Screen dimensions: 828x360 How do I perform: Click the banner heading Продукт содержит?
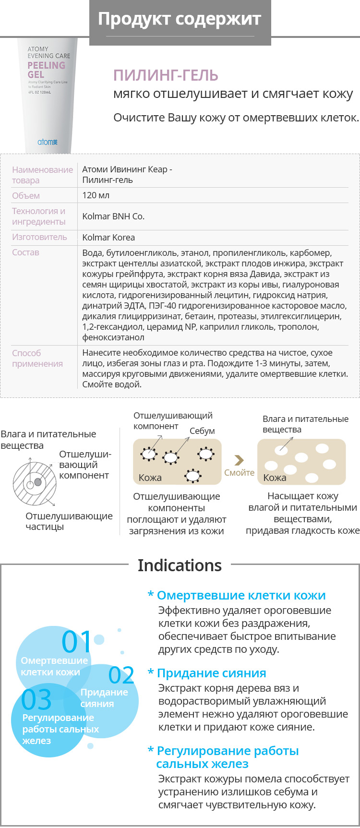(180, 19)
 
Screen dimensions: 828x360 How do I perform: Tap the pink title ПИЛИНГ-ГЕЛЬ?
(166, 75)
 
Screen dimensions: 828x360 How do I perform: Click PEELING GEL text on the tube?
(46, 70)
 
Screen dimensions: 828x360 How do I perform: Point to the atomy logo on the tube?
(48, 142)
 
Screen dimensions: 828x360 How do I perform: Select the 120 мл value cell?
(96, 195)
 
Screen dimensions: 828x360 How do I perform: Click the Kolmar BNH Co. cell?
(113, 216)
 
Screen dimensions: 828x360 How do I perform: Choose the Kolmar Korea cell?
(108, 238)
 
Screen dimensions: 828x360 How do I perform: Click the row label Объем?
(26, 196)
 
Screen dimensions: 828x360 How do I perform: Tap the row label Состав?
(25, 252)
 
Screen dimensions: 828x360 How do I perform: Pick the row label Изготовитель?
(39, 237)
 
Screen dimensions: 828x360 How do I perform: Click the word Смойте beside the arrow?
(239, 473)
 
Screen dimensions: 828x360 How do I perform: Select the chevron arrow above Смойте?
(239, 460)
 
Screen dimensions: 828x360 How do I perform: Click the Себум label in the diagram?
(202, 431)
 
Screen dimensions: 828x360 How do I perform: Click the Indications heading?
(180, 565)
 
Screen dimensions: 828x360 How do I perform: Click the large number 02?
(121, 675)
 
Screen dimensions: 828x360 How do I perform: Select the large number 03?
(36, 700)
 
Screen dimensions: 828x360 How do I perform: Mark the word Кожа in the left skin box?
(150, 478)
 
